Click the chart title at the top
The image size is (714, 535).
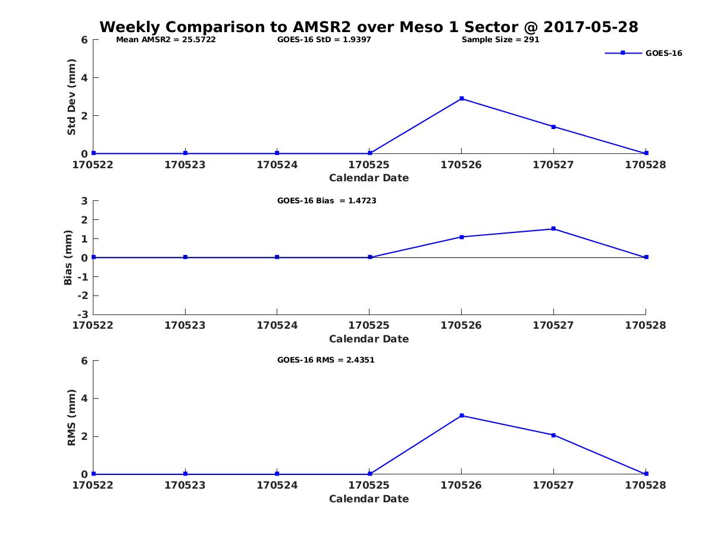coord(368,27)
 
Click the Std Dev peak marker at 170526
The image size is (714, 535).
coord(462,99)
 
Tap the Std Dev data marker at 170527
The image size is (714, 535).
coord(553,127)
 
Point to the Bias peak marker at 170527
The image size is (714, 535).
coord(553,229)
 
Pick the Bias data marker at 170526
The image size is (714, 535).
coord(462,237)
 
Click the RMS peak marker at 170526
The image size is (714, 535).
coord(462,416)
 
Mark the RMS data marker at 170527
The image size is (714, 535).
coord(553,435)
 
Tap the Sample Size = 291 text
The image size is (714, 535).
coord(500,40)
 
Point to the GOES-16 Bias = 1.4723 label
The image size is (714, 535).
coord(327,201)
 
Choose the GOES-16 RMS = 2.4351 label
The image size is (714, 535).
coord(325,360)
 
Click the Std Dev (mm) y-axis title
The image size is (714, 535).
coord(71,97)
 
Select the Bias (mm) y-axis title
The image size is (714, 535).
coord(68,257)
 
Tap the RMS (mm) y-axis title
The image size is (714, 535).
coord(71,417)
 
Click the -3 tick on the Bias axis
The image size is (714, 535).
coord(84,314)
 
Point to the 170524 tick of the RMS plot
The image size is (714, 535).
coord(277,485)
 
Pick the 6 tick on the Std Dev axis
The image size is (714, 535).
coord(84,40)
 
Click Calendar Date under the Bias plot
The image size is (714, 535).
coord(369,339)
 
